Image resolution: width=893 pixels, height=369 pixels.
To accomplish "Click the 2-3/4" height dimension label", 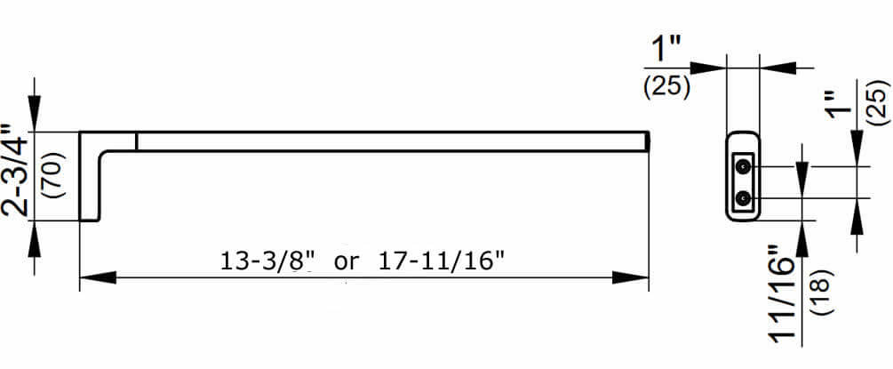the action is [x=13, y=170].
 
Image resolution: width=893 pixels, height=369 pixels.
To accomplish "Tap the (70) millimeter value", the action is [x=56, y=174].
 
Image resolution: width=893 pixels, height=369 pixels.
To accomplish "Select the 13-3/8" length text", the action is [x=267, y=261].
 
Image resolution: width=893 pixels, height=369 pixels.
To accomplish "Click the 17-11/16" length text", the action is [x=441, y=261].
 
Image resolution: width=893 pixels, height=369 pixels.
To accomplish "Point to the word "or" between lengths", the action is [x=347, y=263].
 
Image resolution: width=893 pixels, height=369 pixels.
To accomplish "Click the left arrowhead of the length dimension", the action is [x=98, y=277].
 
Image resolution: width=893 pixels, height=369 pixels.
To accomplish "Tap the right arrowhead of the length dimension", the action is [x=631, y=277].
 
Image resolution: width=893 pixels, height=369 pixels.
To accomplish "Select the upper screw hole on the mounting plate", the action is [x=742, y=166].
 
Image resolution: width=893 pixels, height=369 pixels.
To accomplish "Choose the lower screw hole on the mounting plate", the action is [x=742, y=198].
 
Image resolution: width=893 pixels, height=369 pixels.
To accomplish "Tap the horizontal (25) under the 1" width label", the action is [x=667, y=86].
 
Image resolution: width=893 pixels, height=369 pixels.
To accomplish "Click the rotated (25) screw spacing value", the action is [x=877, y=102].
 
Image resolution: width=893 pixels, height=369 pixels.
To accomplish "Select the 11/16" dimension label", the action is [x=783, y=294].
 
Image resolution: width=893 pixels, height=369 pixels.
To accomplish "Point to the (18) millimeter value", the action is [x=824, y=293].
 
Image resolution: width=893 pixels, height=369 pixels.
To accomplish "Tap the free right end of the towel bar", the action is [x=649, y=141].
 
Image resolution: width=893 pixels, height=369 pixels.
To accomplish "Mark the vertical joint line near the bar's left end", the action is [x=137, y=141].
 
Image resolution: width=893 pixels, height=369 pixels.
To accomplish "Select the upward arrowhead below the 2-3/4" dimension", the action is [x=35, y=238].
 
